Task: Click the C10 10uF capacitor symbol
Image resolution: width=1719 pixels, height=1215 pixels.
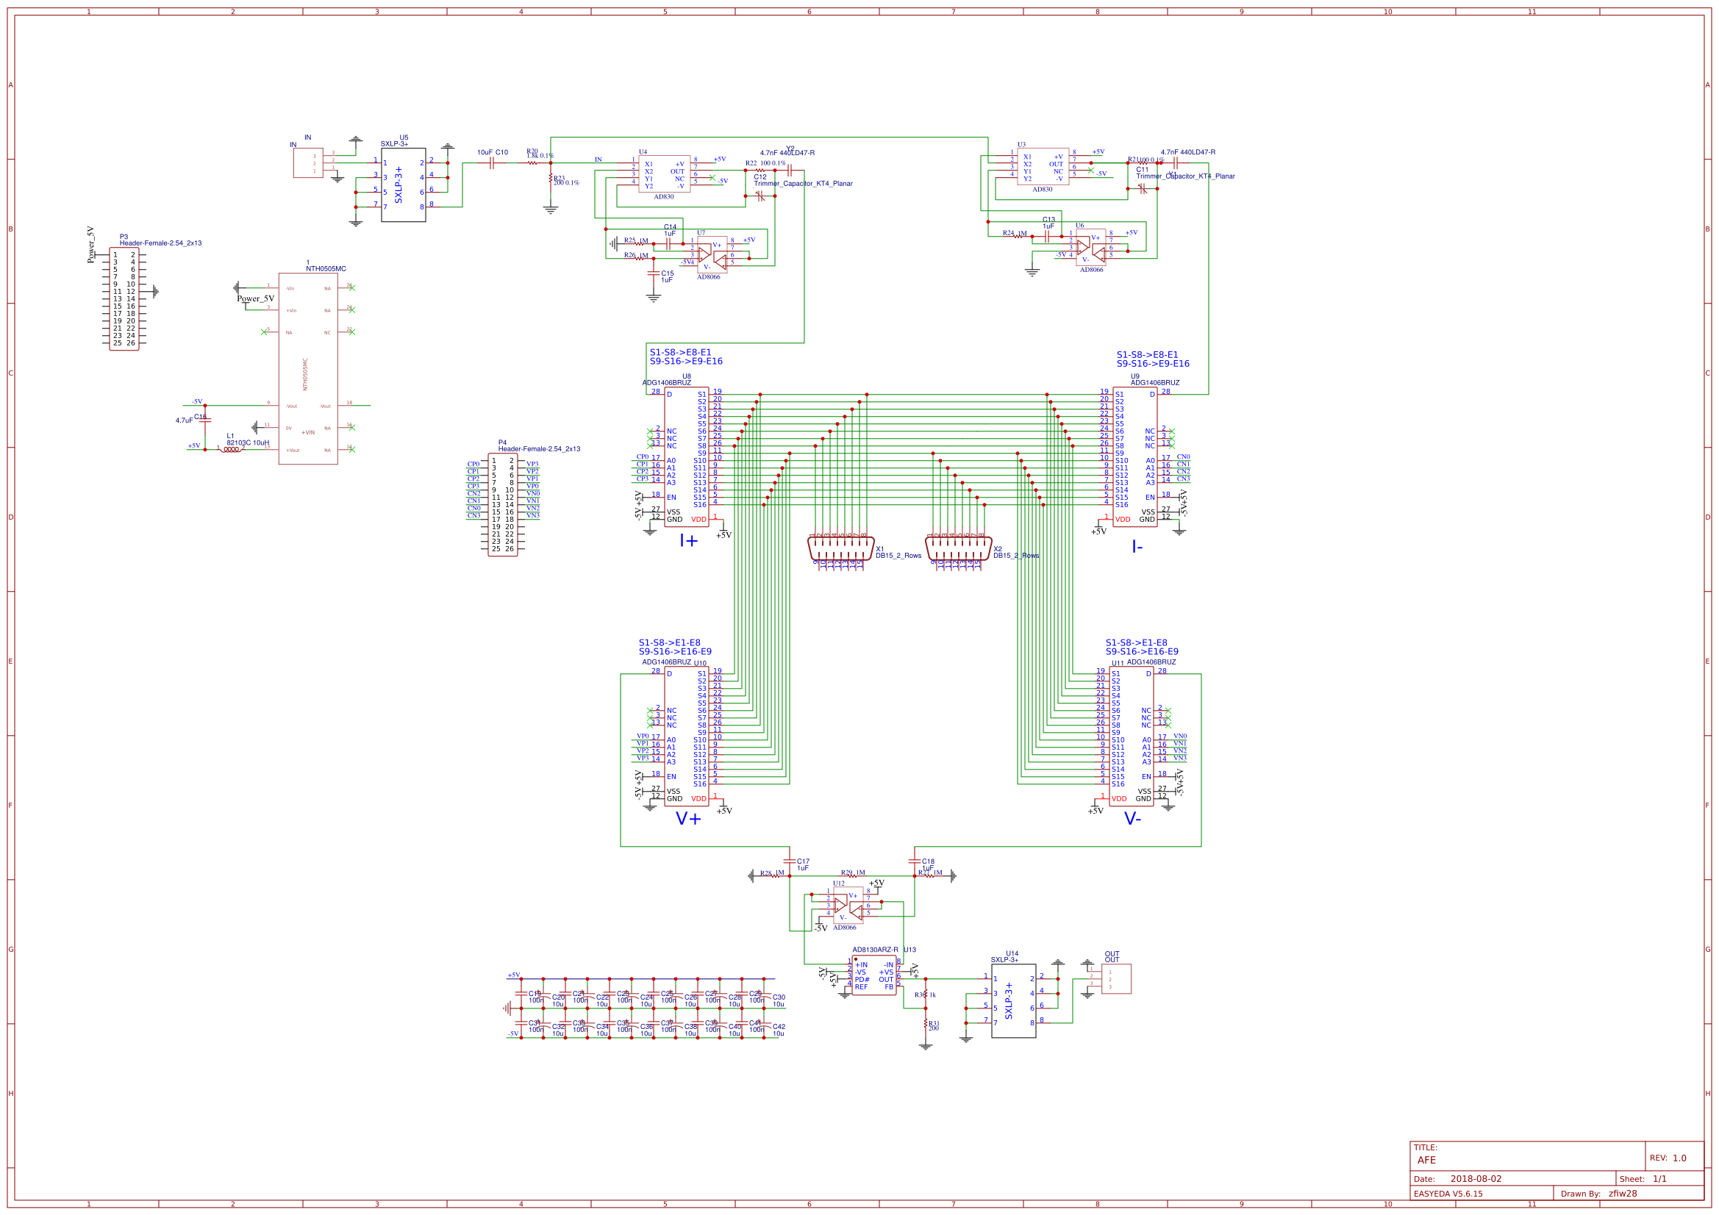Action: [492, 162]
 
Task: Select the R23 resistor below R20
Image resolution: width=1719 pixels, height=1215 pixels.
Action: [551, 179]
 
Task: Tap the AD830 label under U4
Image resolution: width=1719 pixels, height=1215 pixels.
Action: [663, 197]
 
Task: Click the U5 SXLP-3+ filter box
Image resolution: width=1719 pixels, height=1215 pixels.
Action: [404, 184]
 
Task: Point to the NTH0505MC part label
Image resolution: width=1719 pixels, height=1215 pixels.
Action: [326, 269]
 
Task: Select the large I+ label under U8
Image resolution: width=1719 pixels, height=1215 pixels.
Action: [688, 540]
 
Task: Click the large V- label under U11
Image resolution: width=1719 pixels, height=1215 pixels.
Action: [1132, 819]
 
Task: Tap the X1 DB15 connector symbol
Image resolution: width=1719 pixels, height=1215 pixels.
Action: [841, 548]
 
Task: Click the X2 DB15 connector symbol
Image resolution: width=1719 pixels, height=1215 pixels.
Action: [958, 548]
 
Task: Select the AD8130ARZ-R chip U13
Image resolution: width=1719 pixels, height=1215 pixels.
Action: [873, 975]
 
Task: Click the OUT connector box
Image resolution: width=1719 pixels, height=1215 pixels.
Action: [1115, 978]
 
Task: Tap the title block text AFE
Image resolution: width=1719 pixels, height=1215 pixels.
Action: [1426, 1160]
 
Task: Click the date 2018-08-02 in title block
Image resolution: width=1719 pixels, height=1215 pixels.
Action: [1475, 1178]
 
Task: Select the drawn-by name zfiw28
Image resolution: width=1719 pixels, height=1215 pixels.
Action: [1623, 1193]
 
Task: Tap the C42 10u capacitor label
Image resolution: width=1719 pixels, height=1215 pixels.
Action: [779, 1029]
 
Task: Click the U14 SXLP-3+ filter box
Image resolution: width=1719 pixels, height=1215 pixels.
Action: [1014, 1000]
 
